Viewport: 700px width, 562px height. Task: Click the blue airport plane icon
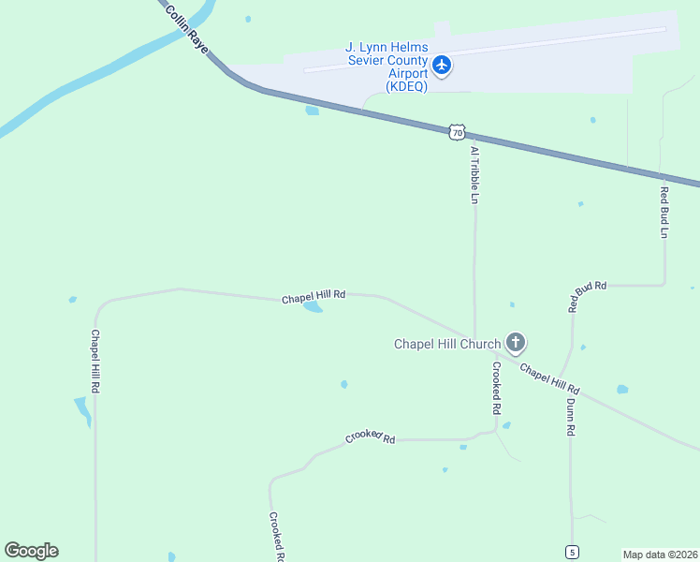(443, 66)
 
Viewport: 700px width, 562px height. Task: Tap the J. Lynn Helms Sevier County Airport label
(386, 66)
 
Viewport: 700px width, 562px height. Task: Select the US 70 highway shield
(456, 132)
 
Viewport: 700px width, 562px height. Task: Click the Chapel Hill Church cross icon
(515, 343)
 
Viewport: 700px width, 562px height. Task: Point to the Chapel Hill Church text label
(447, 344)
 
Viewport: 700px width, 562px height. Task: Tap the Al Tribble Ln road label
(474, 175)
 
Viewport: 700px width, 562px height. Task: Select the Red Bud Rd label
(588, 296)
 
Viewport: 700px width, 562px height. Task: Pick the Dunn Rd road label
(570, 417)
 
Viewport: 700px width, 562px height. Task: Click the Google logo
(31, 551)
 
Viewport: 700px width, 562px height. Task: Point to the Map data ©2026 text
(660, 555)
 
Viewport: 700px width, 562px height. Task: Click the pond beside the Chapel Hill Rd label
(313, 306)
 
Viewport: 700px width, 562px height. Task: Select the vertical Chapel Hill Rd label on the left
(95, 361)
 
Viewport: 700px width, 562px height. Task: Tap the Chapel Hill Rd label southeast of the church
(550, 378)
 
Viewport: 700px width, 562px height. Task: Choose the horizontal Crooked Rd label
(371, 437)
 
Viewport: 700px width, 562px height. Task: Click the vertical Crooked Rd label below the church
(496, 389)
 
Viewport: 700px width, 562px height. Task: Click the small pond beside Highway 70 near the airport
(312, 111)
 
